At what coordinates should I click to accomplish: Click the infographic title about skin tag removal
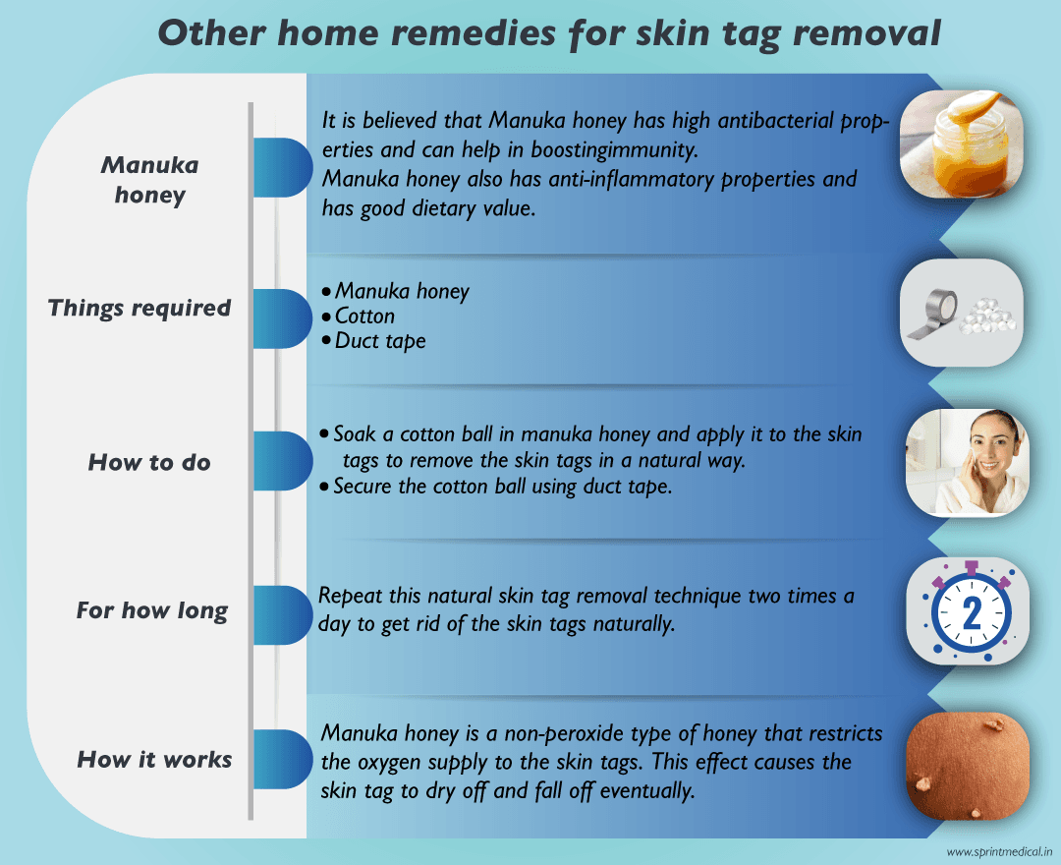(549, 32)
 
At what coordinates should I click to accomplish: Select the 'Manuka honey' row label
(149, 179)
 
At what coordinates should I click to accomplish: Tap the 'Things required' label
(140, 308)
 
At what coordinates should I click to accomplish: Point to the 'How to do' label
(149, 462)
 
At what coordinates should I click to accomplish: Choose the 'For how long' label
(152, 610)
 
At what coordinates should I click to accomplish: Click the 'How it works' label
(154, 759)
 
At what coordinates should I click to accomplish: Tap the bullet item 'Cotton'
(364, 317)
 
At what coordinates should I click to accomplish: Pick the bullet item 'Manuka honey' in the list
(401, 291)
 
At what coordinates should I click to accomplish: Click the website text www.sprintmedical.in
(999, 851)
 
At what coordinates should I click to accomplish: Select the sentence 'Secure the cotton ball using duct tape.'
(502, 487)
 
